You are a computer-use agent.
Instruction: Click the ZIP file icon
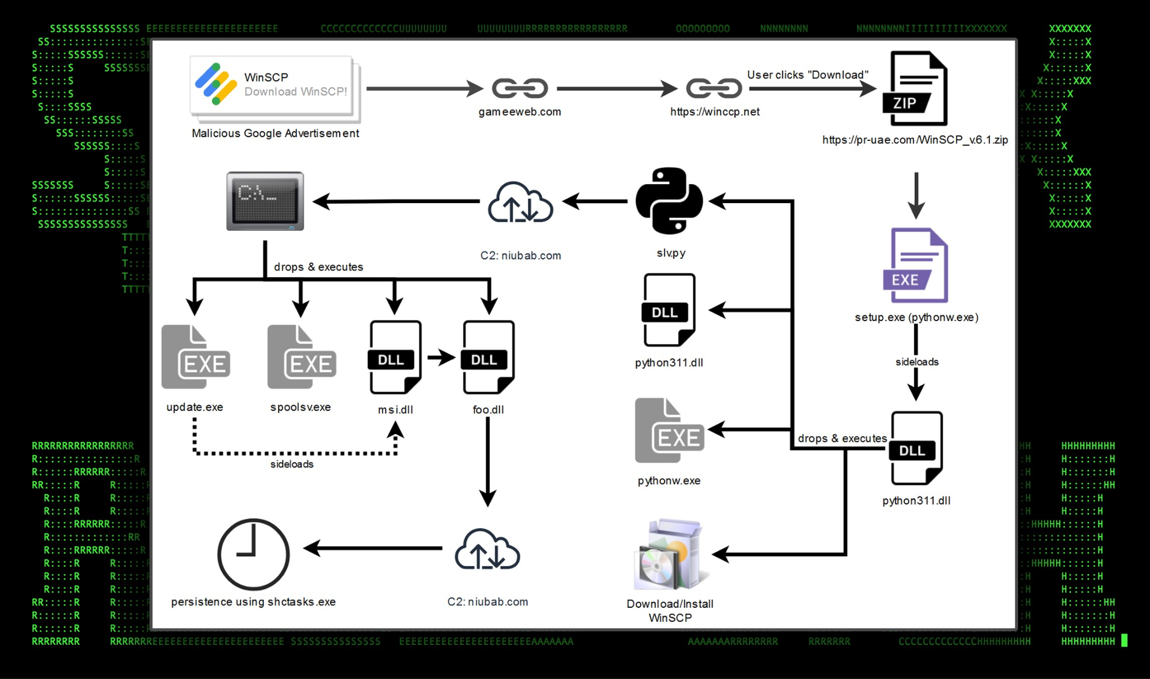915,89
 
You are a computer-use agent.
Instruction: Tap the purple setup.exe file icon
916,265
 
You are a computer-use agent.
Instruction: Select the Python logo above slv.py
669,201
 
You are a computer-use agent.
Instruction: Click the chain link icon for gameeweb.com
519,88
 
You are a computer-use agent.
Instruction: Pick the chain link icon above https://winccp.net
714,88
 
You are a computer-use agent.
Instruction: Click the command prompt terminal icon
265,201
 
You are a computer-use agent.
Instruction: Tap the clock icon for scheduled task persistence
253,554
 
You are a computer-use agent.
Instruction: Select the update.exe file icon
195,357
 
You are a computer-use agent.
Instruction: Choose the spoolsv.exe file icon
302,357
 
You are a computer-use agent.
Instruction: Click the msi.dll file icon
395,357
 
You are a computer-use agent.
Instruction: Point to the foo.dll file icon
488,357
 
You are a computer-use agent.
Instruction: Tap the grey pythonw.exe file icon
669,431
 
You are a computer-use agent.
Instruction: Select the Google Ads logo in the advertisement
216,84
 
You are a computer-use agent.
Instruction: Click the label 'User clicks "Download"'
807,75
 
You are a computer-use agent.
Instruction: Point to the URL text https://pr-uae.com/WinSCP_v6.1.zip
915,140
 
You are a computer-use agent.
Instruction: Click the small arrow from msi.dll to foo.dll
441,357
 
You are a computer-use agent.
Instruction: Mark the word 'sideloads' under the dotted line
292,464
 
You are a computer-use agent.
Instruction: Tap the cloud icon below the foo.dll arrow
487,550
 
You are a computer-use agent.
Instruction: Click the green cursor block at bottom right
1124,641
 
